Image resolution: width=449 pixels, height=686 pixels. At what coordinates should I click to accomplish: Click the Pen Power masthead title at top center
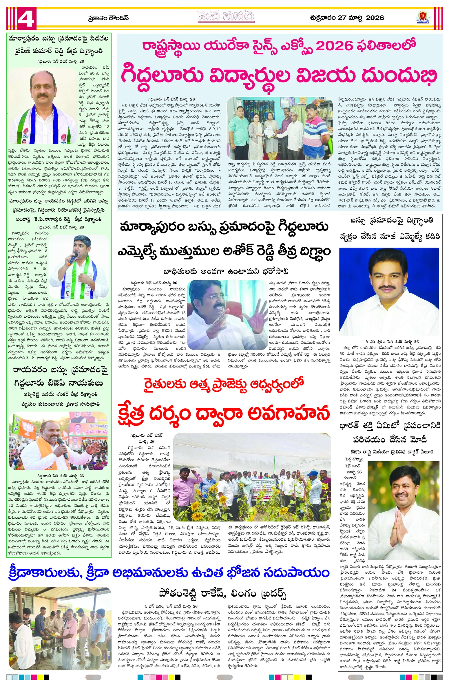pos(224,17)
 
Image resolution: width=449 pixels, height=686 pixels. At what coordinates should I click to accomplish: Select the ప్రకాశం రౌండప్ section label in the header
pos(108,18)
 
